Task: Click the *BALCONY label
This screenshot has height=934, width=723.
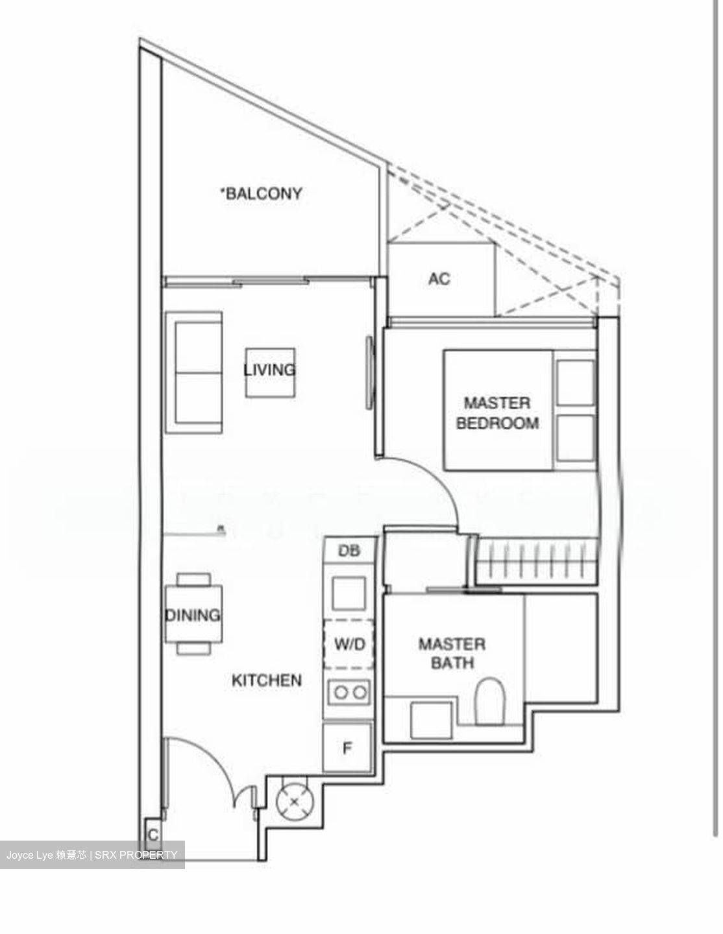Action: pos(262,193)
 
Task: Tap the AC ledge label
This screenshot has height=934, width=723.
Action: pos(439,279)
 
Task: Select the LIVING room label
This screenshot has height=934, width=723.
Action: pos(269,370)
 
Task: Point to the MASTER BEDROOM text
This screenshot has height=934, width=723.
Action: pos(498,413)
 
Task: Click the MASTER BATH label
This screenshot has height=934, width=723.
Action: pos(452,653)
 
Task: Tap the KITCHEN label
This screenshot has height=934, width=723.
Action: pos(267,680)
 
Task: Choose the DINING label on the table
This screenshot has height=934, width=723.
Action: pos(193,615)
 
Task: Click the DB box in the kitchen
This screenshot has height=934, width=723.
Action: pos(349,551)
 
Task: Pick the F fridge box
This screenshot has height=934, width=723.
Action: pos(347,748)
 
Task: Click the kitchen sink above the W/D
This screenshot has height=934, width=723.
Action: pos(349,591)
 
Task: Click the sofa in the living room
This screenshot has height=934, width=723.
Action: pos(195,372)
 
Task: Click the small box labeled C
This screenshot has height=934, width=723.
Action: pos(153,834)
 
